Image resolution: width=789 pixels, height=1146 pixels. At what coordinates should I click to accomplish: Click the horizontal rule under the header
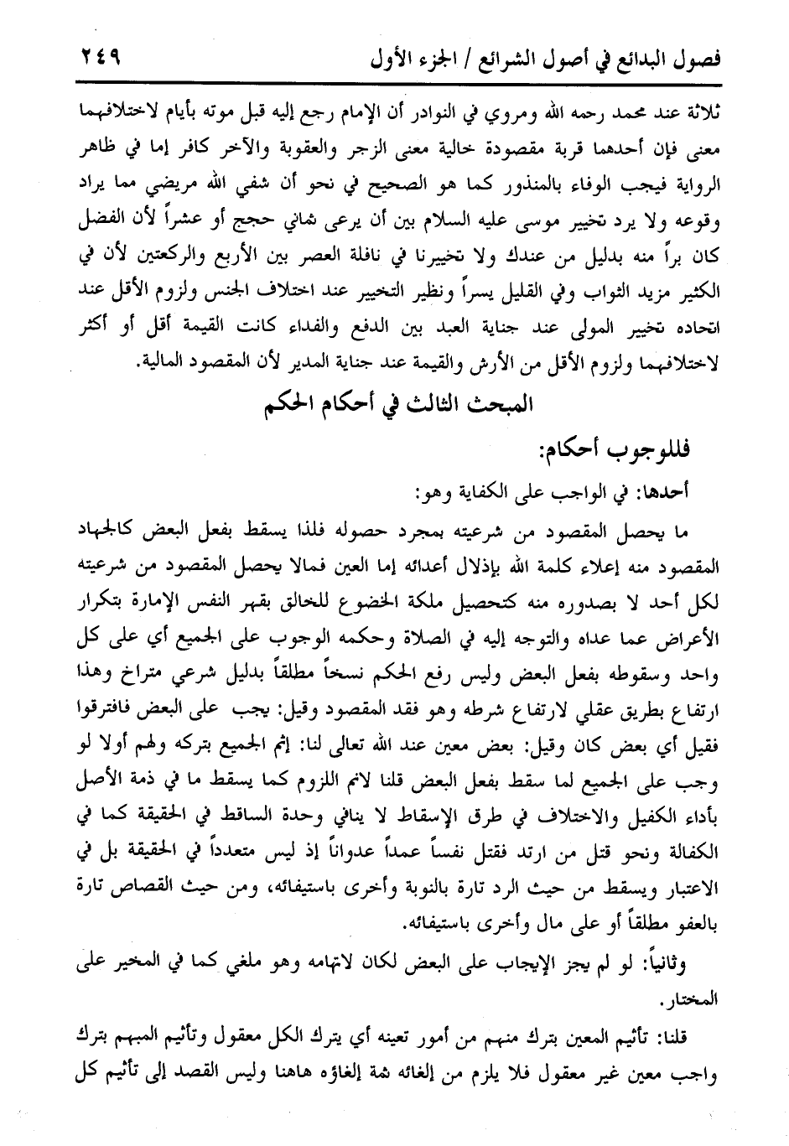tap(394, 81)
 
